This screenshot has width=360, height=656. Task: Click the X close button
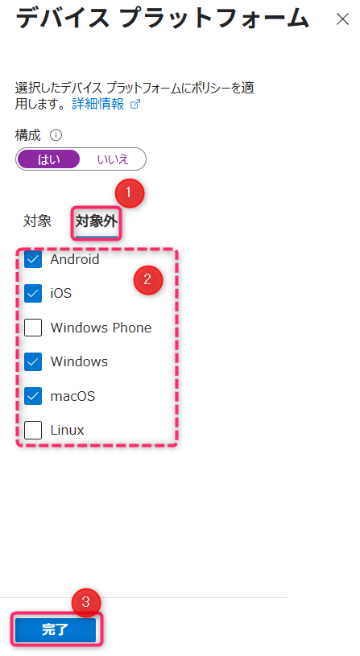[342, 19]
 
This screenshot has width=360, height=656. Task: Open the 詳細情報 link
[98, 103]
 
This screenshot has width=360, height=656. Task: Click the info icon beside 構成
[56, 135]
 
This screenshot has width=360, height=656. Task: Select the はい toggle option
[48, 159]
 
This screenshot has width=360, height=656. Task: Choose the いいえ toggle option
[113, 159]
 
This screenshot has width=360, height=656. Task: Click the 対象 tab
[37, 221]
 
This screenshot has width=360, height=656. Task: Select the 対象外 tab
[96, 221]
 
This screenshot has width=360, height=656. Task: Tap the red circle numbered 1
[130, 192]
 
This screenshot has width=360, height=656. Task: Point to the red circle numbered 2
[147, 279]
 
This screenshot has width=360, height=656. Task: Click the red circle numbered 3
[86, 602]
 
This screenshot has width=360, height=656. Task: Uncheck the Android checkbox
[33, 259]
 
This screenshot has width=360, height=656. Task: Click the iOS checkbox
[33, 293]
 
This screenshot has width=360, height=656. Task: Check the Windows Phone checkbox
[33, 328]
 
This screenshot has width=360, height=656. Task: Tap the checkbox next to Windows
[33, 362]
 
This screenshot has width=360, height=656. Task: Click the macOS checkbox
[33, 396]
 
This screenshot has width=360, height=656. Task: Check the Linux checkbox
[33, 430]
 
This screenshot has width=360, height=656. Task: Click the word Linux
[67, 430]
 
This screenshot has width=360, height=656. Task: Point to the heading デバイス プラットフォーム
[162, 18]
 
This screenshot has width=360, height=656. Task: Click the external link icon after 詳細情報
[135, 104]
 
